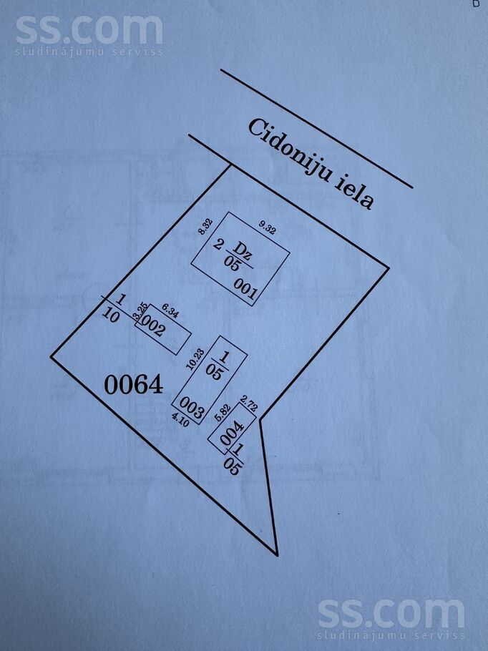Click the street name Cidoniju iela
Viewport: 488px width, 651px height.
pos(311,164)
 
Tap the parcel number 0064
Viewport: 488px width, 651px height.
pos(133,385)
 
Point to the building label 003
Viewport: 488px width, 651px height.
pos(192,407)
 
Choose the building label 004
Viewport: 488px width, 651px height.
pos(232,433)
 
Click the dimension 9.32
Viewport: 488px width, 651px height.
pos(267,228)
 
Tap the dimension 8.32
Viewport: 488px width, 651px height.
pos(205,227)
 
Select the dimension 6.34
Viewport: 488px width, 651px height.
pos(170,311)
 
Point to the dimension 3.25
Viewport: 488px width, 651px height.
pos(140,311)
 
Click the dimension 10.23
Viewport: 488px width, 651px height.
pos(195,359)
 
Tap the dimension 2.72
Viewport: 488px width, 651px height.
pos(249,404)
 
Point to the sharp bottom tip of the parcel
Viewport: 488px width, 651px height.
pos(277,554)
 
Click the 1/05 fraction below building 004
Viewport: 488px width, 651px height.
pos(234,459)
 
